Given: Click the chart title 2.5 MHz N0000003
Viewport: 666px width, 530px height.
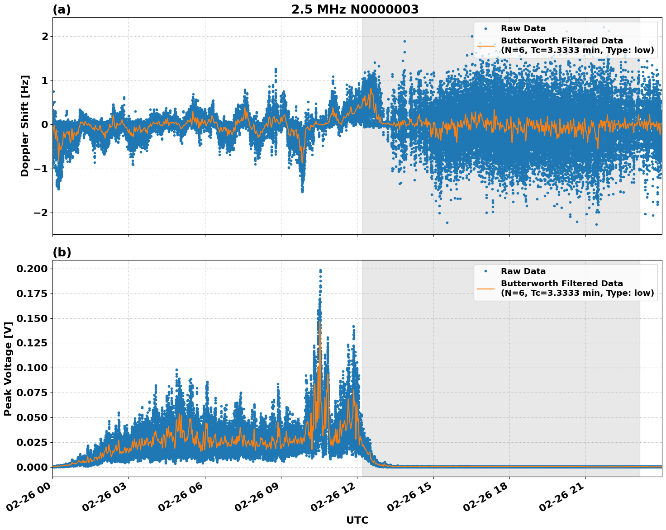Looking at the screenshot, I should [355, 9].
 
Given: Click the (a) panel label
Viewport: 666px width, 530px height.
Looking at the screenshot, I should [62, 9].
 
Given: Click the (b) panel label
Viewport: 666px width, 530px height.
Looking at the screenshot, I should [62, 252].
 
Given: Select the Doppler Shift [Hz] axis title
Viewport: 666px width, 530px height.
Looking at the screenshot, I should [25, 126].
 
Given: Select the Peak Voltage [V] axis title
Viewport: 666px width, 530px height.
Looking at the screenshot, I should [8, 369].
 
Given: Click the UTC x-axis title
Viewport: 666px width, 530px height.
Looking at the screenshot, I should [357, 520].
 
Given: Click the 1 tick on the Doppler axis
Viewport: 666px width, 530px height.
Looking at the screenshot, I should [45, 80].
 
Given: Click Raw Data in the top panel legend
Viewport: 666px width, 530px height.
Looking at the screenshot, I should [523, 28].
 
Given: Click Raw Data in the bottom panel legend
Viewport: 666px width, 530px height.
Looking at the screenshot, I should [523, 271].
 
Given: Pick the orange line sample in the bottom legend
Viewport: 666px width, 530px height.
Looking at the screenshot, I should [485, 288].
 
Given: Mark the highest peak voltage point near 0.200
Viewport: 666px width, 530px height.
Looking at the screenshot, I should [320, 270].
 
